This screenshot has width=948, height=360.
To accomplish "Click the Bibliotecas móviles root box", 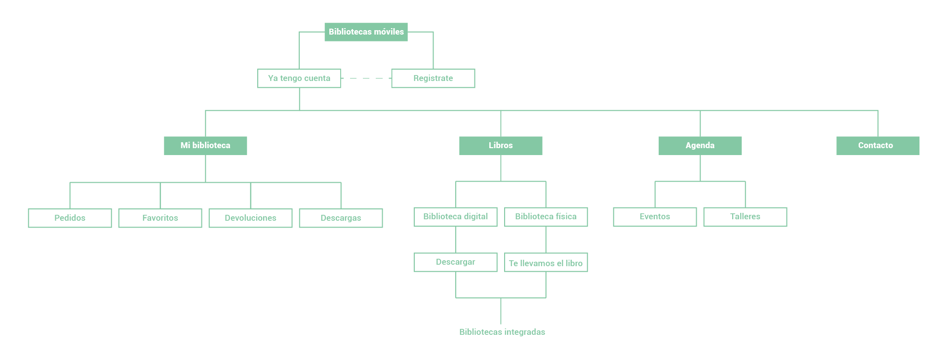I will pyautogui.click(x=366, y=32).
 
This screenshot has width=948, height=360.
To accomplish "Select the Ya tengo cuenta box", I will pyautogui.click(x=299, y=78).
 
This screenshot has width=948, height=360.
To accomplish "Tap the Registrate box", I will pyautogui.click(x=433, y=78).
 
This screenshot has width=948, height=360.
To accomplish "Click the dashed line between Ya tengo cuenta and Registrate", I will pyautogui.click(x=366, y=78).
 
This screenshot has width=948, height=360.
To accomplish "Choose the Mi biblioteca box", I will pyautogui.click(x=205, y=145).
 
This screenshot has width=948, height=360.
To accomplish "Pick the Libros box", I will pyautogui.click(x=501, y=145).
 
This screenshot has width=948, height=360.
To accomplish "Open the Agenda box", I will pyautogui.click(x=700, y=145).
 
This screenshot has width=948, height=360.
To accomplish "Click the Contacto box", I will pyautogui.click(x=877, y=145).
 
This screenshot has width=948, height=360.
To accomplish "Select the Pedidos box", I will pyautogui.click(x=70, y=218).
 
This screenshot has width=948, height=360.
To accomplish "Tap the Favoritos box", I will pyautogui.click(x=160, y=218).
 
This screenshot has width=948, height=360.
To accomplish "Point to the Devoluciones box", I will pyautogui.click(x=250, y=218).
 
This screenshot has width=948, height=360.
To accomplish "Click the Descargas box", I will pyautogui.click(x=341, y=218).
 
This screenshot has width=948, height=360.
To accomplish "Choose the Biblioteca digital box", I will pyautogui.click(x=455, y=216).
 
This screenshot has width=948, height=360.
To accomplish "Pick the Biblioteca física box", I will pyautogui.click(x=546, y=216).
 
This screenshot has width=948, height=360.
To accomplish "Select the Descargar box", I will pyautogui.click(x=455, y=262).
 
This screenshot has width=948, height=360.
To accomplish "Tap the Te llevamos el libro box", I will pyautogui.click(x=546, y=263).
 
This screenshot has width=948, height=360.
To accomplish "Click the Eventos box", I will pyautogui.click(x=655, y=216).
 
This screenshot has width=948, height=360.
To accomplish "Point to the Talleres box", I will pyautogui.click(x=745, y=216).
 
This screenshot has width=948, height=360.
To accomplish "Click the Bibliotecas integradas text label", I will pyautogui.click(x=502, y=332).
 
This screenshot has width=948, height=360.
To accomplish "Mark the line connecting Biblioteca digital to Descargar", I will pyautogui.click(x=456, y=240).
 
